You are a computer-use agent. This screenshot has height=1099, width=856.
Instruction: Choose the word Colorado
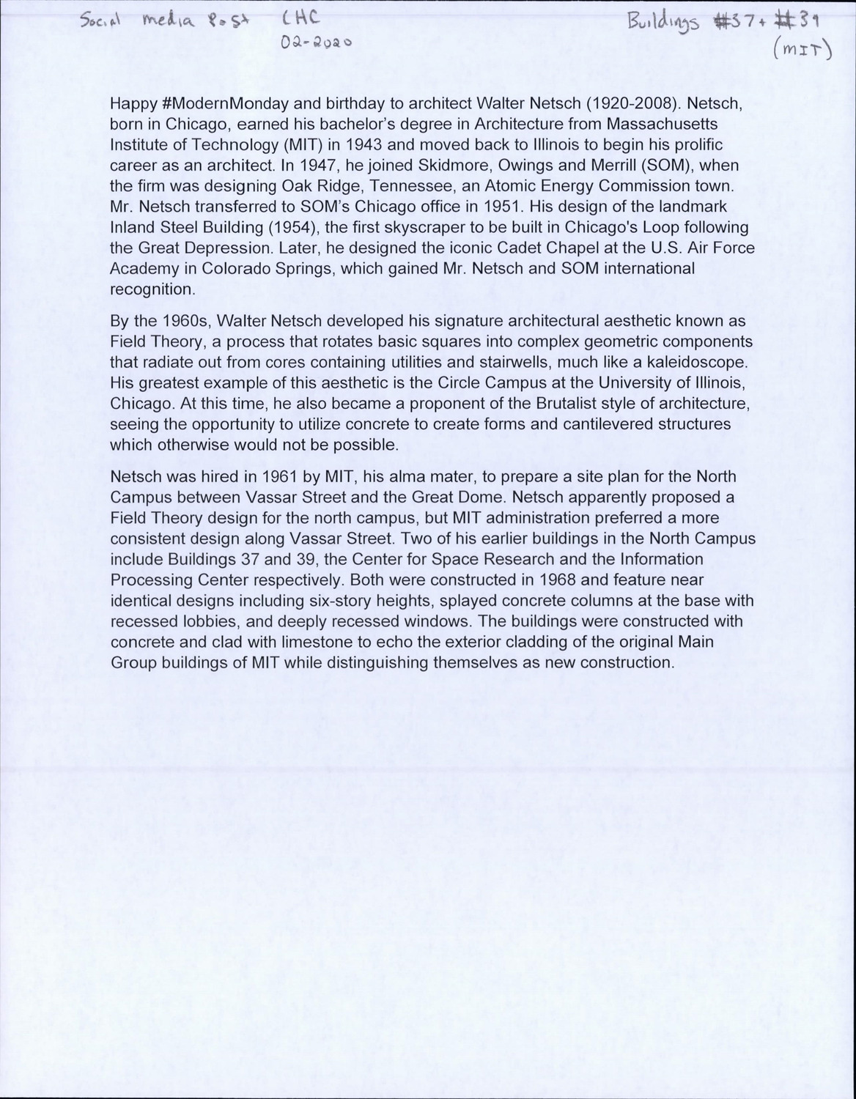point(240,268)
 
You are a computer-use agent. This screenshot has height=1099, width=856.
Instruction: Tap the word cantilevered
point(597,423)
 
